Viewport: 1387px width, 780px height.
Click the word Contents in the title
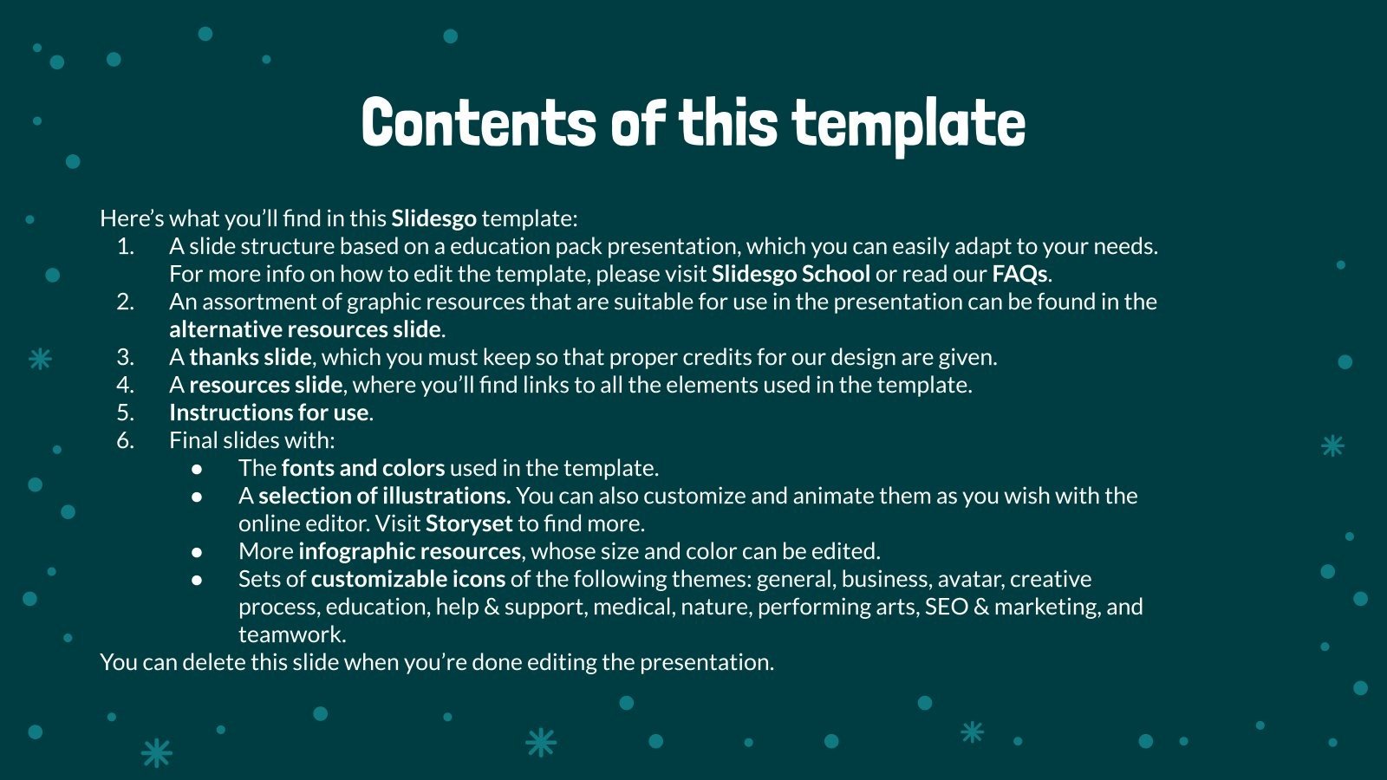478,124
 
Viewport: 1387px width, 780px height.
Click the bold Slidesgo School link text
791,274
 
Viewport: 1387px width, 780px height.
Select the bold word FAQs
1019,274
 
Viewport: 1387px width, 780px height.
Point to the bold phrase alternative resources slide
305,329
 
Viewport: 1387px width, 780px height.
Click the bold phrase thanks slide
250,357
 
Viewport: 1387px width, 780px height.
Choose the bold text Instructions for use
269,413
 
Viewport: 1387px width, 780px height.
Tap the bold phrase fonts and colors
362,468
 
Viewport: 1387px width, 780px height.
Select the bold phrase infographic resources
409,551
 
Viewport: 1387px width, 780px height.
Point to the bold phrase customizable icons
407,579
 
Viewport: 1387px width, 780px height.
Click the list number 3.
126,357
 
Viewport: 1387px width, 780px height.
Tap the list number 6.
126,440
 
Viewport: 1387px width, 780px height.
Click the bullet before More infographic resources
198,552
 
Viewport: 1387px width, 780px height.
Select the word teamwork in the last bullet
290,634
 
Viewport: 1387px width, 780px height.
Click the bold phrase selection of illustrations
384,496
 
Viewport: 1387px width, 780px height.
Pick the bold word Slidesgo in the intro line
433,218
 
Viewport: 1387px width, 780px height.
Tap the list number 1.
126,246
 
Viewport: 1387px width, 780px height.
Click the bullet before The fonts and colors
198,469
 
